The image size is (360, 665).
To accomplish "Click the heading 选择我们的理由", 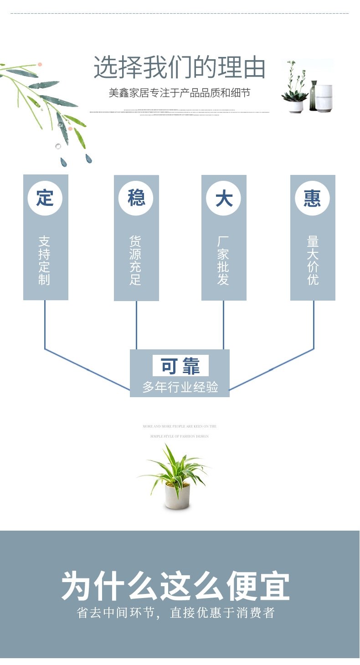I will point(180,68).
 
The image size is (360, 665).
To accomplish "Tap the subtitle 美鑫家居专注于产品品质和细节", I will point(180,93).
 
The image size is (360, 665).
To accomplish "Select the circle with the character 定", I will point(45,198).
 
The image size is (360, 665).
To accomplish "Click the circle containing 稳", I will point(136,198).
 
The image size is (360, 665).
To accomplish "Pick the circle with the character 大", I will point(224,198).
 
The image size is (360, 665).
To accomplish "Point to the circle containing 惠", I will point(312,198).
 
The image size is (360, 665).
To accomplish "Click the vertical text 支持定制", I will point(44,260).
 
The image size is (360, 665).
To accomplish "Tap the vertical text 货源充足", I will point(135,260).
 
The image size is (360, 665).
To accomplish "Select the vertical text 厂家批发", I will point(223,260).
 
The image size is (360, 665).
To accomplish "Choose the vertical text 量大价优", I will point(313,260).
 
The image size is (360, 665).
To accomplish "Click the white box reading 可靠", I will point(180,366).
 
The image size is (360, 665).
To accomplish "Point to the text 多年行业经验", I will point(180,387).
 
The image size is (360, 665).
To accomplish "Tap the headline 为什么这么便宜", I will point(176,587).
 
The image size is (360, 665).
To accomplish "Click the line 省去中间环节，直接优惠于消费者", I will point(176,613).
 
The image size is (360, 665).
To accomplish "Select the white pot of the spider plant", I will point(177,496).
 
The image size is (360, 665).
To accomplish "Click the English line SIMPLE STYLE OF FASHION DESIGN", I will point(180,436).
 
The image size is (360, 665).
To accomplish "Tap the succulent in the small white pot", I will point(294,97).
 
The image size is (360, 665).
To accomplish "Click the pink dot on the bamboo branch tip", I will point(40,65).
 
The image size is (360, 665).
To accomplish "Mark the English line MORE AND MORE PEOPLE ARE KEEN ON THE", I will point(180,426).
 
